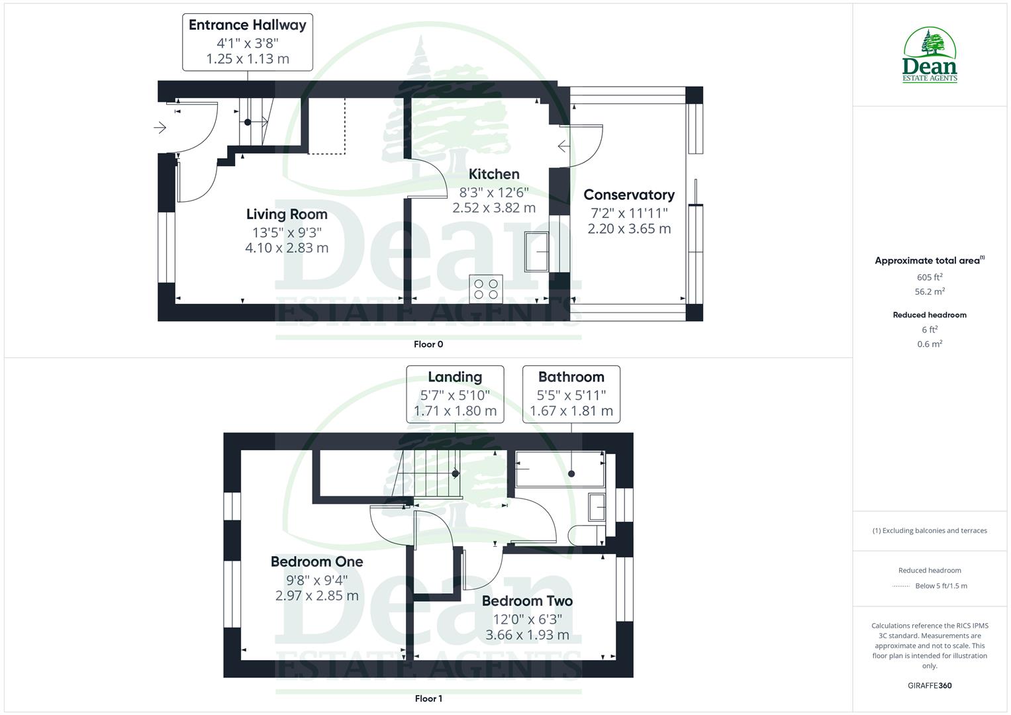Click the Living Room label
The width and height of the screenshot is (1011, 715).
pos(287,214)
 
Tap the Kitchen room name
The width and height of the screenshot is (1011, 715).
pos(494,174)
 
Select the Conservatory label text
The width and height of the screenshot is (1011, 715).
pos(628,195)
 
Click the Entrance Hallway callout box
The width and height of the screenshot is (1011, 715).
pos(247,42)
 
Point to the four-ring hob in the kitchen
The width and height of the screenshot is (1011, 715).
pos(486,289)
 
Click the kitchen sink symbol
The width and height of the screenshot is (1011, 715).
pos(537,252)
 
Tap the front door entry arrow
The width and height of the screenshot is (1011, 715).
pos(160,127)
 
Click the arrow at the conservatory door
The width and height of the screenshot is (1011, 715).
pos(563,146)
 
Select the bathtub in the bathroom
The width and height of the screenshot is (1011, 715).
pos(559,469)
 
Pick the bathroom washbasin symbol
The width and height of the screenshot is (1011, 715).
pos(597,507)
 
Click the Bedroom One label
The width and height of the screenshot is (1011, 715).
pos(316,561)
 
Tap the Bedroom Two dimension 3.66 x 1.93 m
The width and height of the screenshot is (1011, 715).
pos(527,635)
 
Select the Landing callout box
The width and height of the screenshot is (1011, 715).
pos(455,393)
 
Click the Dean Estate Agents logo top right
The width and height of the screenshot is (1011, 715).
pos(930,55)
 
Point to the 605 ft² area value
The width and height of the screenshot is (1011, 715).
pos(930,277)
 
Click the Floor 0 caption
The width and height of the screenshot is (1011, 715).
pos(428,344)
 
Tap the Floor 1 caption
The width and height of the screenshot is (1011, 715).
pos(428,698)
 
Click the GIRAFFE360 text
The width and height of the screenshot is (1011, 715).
pos(930,686)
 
